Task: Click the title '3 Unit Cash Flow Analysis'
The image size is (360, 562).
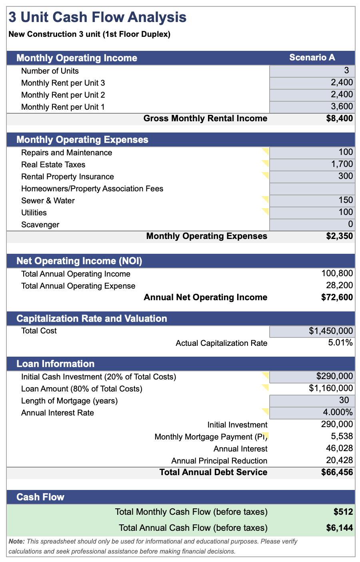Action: (x=97, y=17)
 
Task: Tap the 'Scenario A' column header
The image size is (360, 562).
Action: (x=312, y=58)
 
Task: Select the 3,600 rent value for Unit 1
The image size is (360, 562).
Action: (x=342, y=106)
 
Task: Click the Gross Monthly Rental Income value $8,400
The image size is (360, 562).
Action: (x=340, y=118)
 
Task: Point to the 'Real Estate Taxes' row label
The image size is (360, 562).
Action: (x=53, y=165)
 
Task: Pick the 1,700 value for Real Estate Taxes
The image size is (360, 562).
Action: (x=342, y=164)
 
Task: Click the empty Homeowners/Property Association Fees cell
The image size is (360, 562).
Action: (x=312, y=189)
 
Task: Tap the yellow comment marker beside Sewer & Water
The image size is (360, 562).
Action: (x=266, y=199)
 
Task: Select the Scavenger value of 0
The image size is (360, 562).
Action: (x=350, y=224)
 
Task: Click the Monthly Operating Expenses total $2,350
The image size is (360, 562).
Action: (x=340, y=236)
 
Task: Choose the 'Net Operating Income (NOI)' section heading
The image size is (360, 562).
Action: (x=79, y=261)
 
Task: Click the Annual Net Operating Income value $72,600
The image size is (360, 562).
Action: (x=337, y=297)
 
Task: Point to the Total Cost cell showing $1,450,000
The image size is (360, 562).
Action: (x=312, y=331)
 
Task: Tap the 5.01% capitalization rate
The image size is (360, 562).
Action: (x=340, y=343)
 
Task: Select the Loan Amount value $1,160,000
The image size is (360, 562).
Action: (x=331, y=388)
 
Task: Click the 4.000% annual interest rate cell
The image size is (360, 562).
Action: (x=312, y=412)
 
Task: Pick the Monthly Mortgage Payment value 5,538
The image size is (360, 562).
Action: (x=342, y=436)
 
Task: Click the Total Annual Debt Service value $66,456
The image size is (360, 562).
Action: (x=337, y=472)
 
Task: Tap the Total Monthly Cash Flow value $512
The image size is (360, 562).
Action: (x=343, y=512)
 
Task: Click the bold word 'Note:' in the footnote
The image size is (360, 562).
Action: (x=16, y=542)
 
